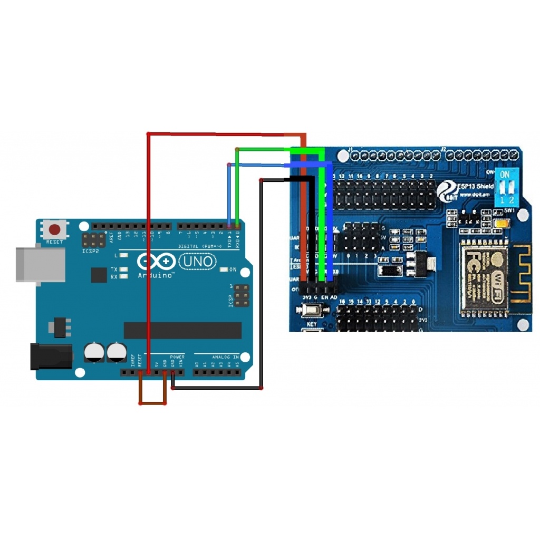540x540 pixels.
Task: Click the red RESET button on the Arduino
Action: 54,230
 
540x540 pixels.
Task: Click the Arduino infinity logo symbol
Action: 156,262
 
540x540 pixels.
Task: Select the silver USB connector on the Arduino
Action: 40,264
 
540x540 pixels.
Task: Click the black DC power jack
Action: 51,355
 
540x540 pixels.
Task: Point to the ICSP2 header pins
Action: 93,241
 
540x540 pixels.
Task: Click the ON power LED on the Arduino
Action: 225,270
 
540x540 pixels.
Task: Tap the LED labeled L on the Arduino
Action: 123,256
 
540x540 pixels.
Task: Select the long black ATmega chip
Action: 182,331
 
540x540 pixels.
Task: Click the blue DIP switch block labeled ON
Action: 505,187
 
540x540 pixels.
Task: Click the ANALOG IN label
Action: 226,357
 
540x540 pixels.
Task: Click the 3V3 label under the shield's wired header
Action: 306,298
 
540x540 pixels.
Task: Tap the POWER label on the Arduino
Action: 177,357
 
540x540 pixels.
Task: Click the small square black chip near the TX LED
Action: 99,274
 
